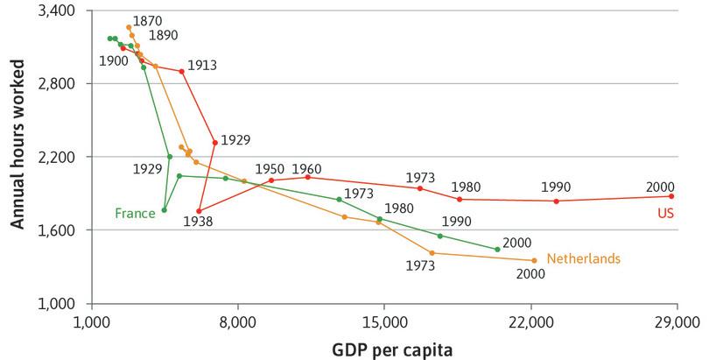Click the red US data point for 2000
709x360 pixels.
click(x=671, y=196)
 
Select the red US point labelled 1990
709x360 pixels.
click(x=556, y=201)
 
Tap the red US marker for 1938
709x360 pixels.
click(x=200, y=211)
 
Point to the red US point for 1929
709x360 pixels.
click(x=214, y=143)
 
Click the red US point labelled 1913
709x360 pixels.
click(x=181, y=71)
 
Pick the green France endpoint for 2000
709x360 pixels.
click(x=497, y=250)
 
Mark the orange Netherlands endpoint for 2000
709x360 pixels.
click(x=534, y=260)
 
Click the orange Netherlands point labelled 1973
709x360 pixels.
click(x=432, y=253)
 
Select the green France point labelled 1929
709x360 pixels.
click(x=170, y=157)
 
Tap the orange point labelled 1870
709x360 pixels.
click(x=129, y=27)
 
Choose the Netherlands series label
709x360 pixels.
click(x=583, y=258)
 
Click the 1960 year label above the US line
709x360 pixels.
click(x=307, y=167)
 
